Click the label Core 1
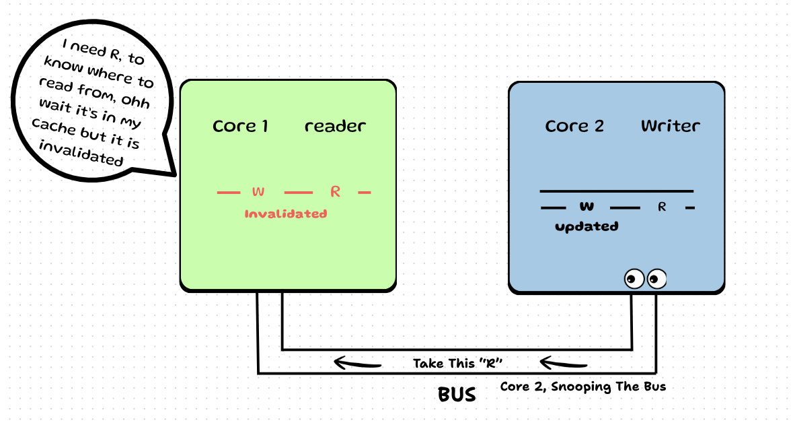240,126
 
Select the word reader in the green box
335,126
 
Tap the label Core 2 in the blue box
574,126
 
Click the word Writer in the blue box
670,126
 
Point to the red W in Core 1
258,192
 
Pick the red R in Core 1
335,192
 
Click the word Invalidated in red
286,214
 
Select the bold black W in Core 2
587,206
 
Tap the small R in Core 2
662,207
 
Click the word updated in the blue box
587,226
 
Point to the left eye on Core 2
634,277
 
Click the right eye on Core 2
656,277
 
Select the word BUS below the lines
457,394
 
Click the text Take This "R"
458,364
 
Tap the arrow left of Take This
358,364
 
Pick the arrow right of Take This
564,364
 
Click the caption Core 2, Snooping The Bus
582,387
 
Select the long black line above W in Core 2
616,191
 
